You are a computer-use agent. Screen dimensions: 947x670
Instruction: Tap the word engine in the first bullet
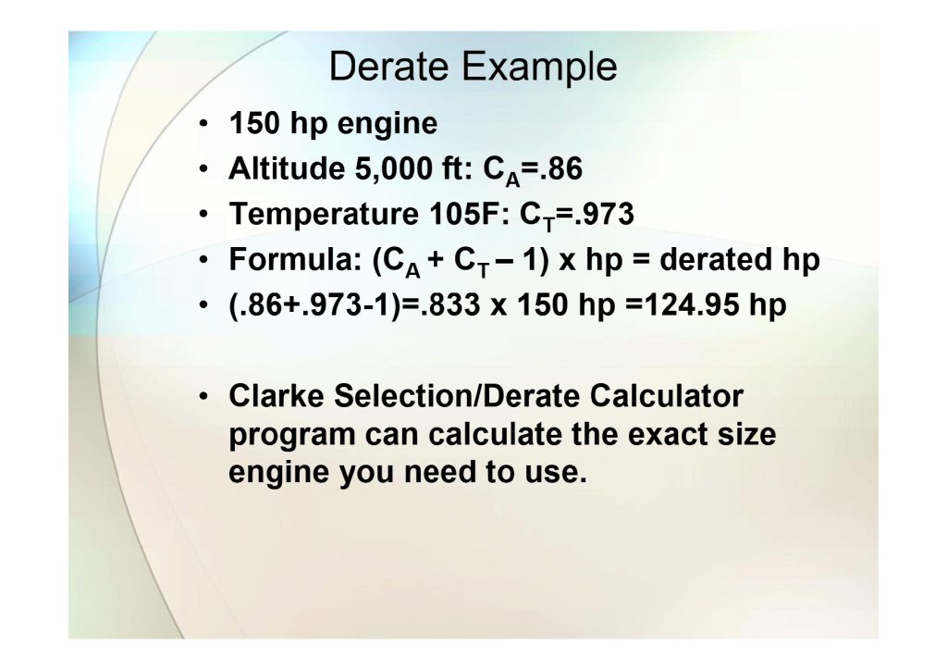click(387, 125)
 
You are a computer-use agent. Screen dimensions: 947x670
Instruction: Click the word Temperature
click(323, 215)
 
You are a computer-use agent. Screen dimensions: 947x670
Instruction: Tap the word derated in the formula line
click(716, 259)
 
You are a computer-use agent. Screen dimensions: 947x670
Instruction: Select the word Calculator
click(666, 396)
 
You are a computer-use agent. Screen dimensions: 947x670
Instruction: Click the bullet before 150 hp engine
click(203, 125)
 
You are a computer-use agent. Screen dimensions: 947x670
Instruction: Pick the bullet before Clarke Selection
click(203, 398)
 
